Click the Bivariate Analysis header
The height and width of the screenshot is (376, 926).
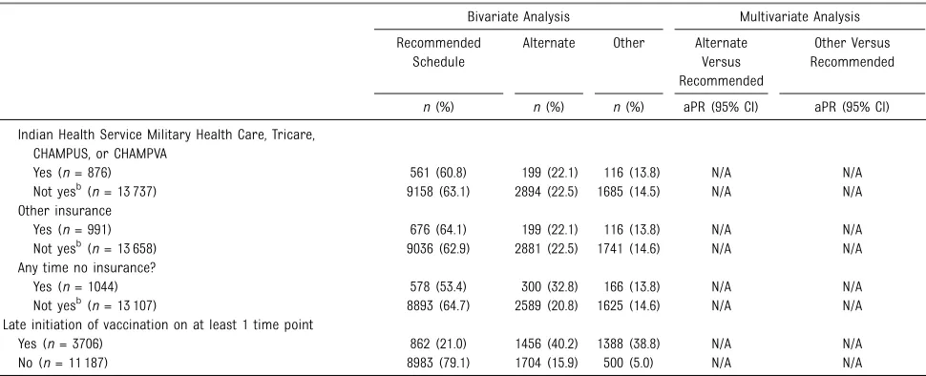(518, 16)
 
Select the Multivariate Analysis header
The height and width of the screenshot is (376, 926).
(800, 16)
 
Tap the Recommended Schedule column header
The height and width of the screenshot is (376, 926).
(438, 52)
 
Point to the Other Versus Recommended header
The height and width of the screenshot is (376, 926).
(852, 52)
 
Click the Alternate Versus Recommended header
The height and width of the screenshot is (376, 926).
(721, 61)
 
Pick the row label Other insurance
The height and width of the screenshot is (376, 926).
(64, 211)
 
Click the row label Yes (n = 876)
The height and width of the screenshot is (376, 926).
(72, 173)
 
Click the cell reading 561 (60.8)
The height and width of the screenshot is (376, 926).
(438, 173)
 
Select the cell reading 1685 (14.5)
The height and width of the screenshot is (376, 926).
(628, 192)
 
